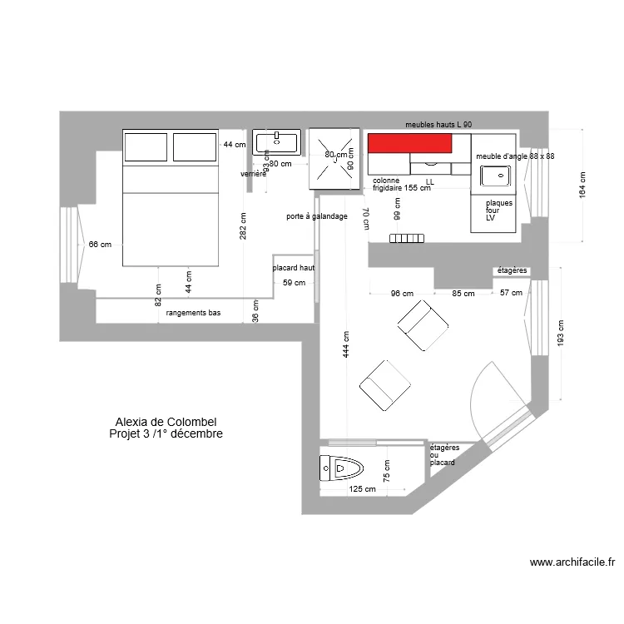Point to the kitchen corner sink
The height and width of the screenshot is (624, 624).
coord(498,175)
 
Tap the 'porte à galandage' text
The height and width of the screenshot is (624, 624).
coord(316,216)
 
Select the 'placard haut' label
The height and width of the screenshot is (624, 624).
coord(292,269)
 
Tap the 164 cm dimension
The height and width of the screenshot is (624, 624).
coord(582,185)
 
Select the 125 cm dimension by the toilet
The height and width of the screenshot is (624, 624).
coord(362,489)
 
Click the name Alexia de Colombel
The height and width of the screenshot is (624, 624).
coord(166,423)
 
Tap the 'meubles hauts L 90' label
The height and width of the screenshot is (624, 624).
coord(438,124)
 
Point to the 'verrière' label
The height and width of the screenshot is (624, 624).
coord(253,175)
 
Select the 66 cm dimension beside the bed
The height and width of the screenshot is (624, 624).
coord(100,244)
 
